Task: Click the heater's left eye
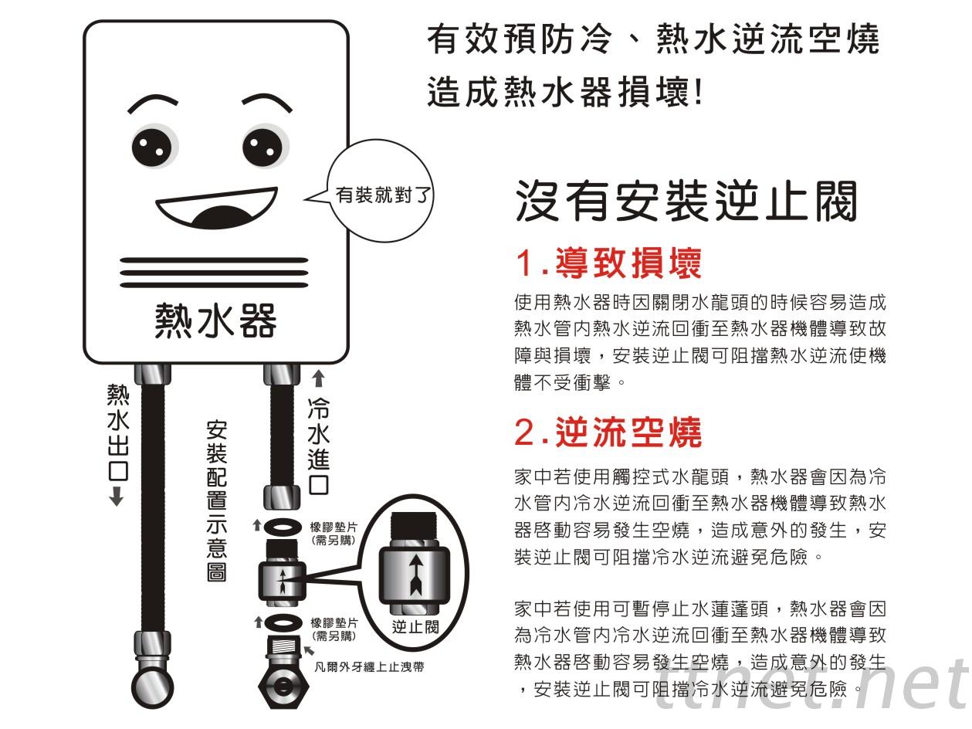click(x=154, y=147)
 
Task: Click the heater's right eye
click(x=265, y=147)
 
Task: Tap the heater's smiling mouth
click(x=216, y=208)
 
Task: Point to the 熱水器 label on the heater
click(x=215, y=321)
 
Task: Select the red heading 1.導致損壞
click(x=608, y=263)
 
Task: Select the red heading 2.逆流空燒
click(x=608, y=432)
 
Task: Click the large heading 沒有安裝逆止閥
click(x=686, y=201)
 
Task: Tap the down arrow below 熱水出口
click(x=117, y=496)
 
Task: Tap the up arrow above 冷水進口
click(x=318, y=379)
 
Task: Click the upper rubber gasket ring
click(x=280, y=527)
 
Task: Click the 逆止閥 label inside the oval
click(x=415, y=627)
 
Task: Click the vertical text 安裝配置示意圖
click(x=216, y=501)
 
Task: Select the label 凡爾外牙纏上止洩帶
click(x=369, y=666)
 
